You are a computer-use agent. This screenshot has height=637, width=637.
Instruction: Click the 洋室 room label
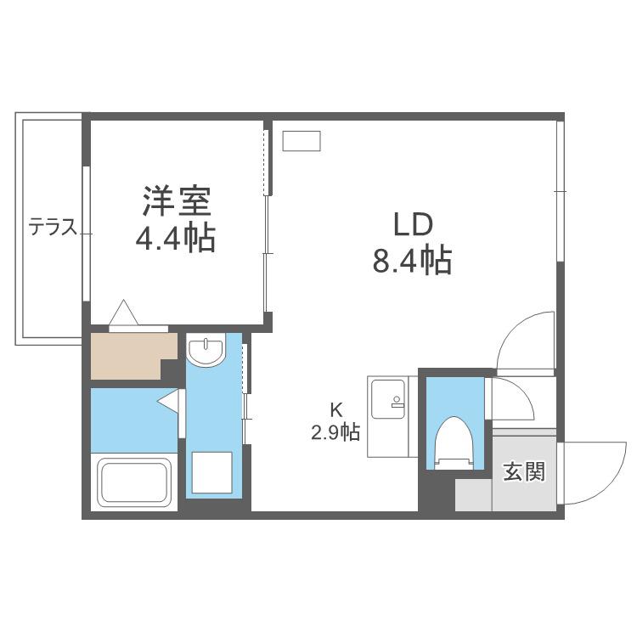tap(177, 200)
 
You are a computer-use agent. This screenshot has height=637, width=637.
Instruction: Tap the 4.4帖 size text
tap(175, 239)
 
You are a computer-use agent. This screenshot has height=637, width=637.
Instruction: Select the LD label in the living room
tap(413, 225)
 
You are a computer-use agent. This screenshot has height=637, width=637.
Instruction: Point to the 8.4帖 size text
tap(412, 260)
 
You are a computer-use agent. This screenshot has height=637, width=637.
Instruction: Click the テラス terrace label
tap(53, 227)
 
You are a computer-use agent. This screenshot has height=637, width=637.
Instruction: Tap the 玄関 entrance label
tap(524, 471)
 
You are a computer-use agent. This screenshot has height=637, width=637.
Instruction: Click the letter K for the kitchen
tap(335, 411)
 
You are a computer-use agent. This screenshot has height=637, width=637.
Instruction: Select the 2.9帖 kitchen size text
tap(335, 432)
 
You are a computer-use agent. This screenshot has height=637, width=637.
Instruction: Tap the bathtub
tap(134, 482)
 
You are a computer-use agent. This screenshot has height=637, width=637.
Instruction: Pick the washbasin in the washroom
tap(206, 351)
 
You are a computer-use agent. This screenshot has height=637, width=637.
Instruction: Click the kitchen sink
tap(388, 398)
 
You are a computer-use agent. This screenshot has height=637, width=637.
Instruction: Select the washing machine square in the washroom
tap(212, 472)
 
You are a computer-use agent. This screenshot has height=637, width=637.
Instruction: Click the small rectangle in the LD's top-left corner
tap(302, 141)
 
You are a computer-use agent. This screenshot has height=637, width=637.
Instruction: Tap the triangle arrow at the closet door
tap(123, 312)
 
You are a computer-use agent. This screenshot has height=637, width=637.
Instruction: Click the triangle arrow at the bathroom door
tap(168, 402)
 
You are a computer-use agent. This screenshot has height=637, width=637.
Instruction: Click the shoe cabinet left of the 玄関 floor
tap(474, 495)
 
